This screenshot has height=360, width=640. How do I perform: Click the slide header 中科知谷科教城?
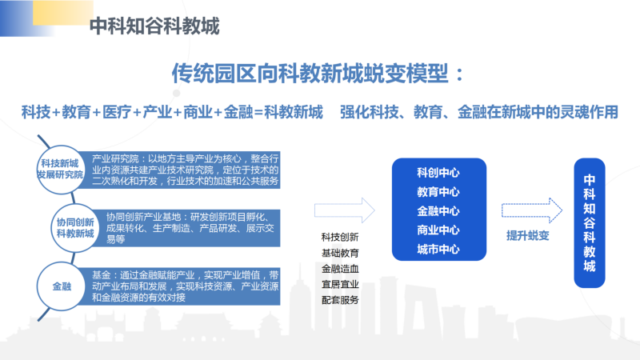(154, 26)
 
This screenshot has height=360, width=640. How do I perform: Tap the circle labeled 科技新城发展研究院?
(60, 169)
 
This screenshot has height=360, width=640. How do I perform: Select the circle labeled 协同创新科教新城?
(75, 228)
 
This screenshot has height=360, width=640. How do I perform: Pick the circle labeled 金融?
(62, 286)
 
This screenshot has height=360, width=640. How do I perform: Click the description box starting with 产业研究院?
(179, 170)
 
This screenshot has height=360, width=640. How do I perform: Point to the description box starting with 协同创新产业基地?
(187, 228)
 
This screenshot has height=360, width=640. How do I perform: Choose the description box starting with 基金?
(179, 286)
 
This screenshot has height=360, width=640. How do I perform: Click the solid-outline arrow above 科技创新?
(345, 210)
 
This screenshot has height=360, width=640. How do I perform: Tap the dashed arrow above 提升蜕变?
(532, 210)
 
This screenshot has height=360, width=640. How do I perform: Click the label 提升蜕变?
(528, 235)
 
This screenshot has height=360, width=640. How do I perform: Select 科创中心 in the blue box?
(438, 173)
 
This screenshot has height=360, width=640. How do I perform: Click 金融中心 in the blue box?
(438, 211)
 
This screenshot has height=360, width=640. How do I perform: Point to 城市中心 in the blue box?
(438, 249)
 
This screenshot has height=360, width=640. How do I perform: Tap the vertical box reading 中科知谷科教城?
(590, 223)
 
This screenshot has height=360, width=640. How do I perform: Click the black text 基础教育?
(340, 253)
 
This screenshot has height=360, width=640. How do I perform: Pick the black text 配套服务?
(340, 300)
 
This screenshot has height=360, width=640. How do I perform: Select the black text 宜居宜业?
(340, 285)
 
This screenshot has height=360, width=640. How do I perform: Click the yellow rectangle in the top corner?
(63, 13)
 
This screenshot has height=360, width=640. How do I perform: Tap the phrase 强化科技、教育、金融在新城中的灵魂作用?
(479, 112)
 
